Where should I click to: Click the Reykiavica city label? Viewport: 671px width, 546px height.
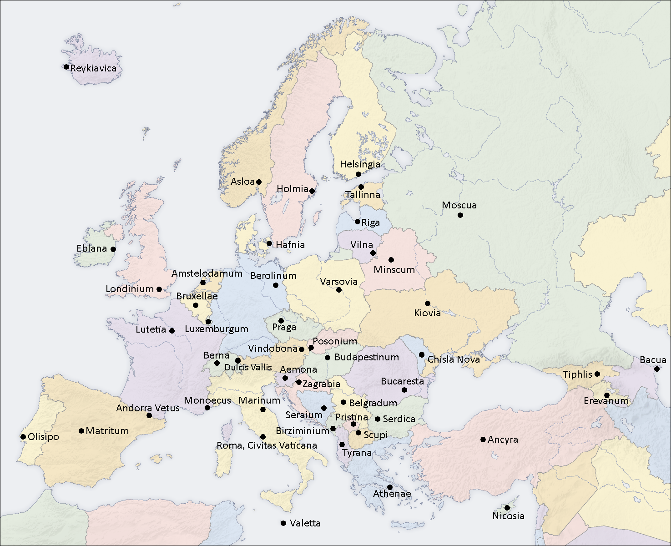tap(93, 68)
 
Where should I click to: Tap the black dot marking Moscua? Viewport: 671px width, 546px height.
tap(460, 215)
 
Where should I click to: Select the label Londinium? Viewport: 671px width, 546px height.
tap(130, 289)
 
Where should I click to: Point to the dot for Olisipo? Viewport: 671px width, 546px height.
tap(23, 437)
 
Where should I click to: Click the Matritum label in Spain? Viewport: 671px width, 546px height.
tap(107, 431)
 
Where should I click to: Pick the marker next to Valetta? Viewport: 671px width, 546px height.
tap(283, 523)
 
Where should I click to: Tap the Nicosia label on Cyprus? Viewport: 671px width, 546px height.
tap(508, 516)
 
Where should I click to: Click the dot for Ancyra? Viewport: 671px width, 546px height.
tap(483, 440)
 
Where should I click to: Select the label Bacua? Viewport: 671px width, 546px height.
tap(653, 360)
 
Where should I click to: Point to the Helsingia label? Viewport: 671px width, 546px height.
tap(360, 164)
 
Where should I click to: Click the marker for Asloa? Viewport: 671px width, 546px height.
tap(259, 182)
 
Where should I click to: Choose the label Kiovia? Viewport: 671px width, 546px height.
tap(427, 313)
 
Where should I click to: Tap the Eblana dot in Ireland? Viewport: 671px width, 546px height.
tap(113, 249)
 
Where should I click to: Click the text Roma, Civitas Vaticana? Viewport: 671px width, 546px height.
tap(267, 445)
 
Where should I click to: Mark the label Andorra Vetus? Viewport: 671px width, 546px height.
tap(148, 408)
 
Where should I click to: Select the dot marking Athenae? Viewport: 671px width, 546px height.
tap(390, 487)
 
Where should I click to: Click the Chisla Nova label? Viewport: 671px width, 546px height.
tap(454, 359)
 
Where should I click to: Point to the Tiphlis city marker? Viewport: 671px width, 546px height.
tap(597, 374)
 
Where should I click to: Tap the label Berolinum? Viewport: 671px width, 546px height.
tap(273, 276)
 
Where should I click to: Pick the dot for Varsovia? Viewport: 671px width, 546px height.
tap(338, 290)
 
